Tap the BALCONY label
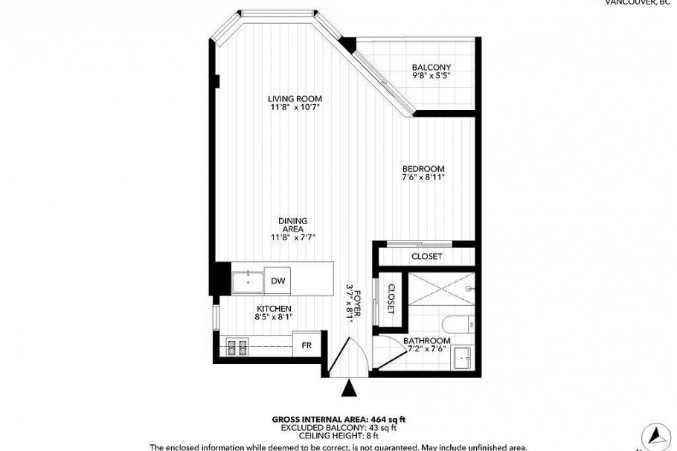coord(431,67)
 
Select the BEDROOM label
coord(423,168)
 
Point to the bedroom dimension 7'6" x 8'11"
coord(423,178)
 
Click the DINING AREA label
coord(293,225)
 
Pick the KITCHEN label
coord(274,308)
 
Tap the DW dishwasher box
coord(278,281)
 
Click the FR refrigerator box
coord(306,345)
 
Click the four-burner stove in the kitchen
coord(237,346)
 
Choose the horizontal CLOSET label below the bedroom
coord(426,256)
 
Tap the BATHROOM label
coord(427,341)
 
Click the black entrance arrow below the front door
coord(350,388)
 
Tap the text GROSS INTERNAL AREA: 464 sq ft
coord(338,419)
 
